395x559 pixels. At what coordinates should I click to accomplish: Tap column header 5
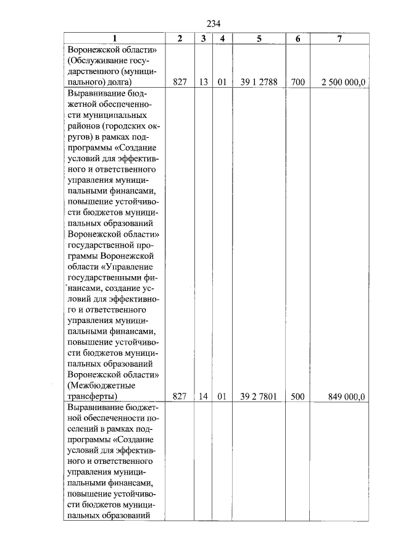point(259,38)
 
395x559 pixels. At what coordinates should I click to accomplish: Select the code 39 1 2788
point(259,82)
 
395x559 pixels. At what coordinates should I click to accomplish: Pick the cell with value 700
point(297,82)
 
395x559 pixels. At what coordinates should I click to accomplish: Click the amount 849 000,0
point(349,397)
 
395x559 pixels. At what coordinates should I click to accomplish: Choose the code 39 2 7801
point(259,397)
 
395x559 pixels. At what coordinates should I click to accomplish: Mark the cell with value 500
point(297,397)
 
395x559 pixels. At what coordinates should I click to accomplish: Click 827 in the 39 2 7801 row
point(180,397)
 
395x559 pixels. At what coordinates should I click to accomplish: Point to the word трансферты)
point(92,397)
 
